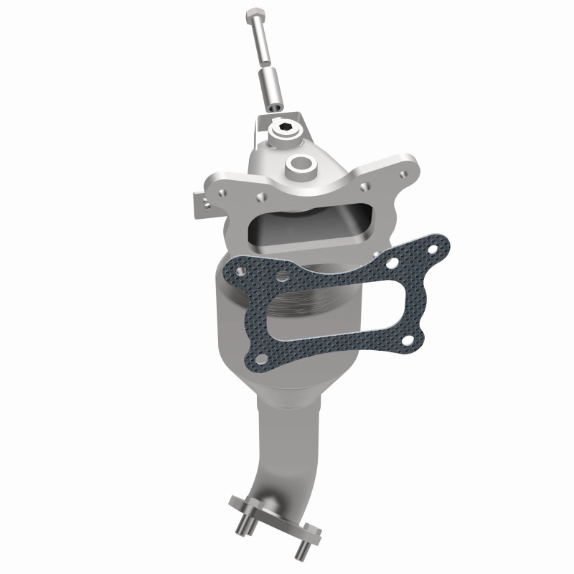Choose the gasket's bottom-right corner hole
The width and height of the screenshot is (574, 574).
(410, 340)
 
